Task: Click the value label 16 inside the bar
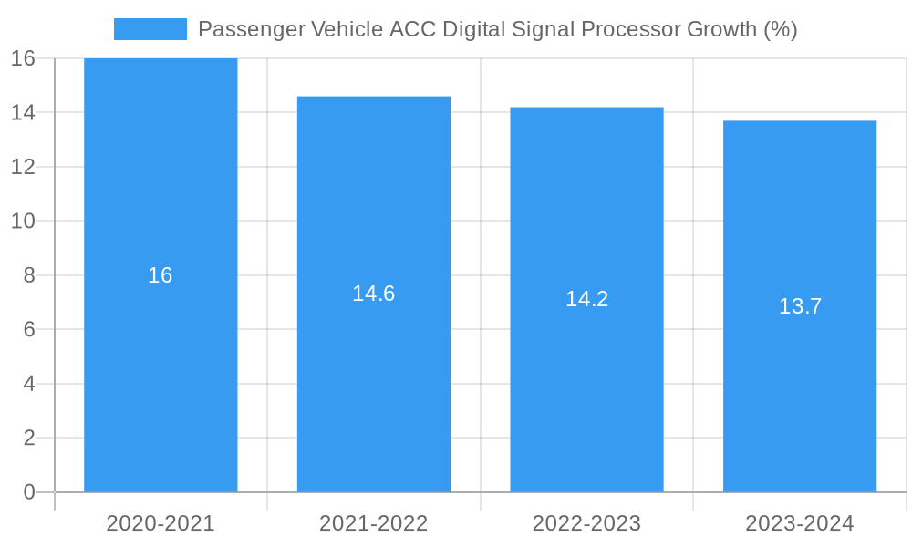pos(161,275)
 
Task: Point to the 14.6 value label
pos(373,294)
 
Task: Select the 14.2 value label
pos(586,299)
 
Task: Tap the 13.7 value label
pos(800,306)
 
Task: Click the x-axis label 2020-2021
pos(161,523)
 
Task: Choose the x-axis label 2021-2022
pos(373,523)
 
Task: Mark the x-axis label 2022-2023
pos(586,523)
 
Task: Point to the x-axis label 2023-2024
pos(800,523)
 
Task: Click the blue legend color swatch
pos(150,29)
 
